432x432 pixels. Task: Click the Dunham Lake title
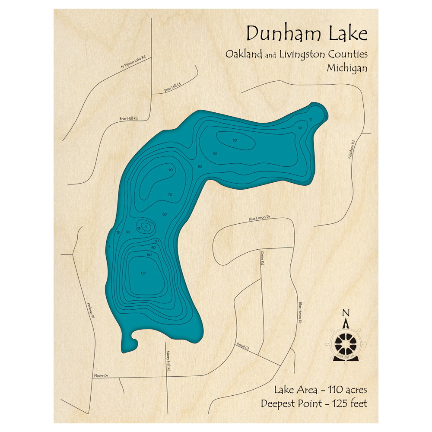click(307, 33)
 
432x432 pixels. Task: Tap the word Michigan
click(347, 68)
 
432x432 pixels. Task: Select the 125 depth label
click(143, 273)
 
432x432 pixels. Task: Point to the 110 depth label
click(149, 255)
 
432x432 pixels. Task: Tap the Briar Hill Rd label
click(128, 118)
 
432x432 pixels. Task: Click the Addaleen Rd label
click(353, 149)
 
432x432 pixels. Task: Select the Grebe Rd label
click(262, 257)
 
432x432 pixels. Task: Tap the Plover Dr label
click(100, 376)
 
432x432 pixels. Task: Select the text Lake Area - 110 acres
click(320, 390)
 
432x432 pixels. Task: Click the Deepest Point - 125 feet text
click(314, 403)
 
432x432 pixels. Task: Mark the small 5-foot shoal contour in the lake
click(146, 227)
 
